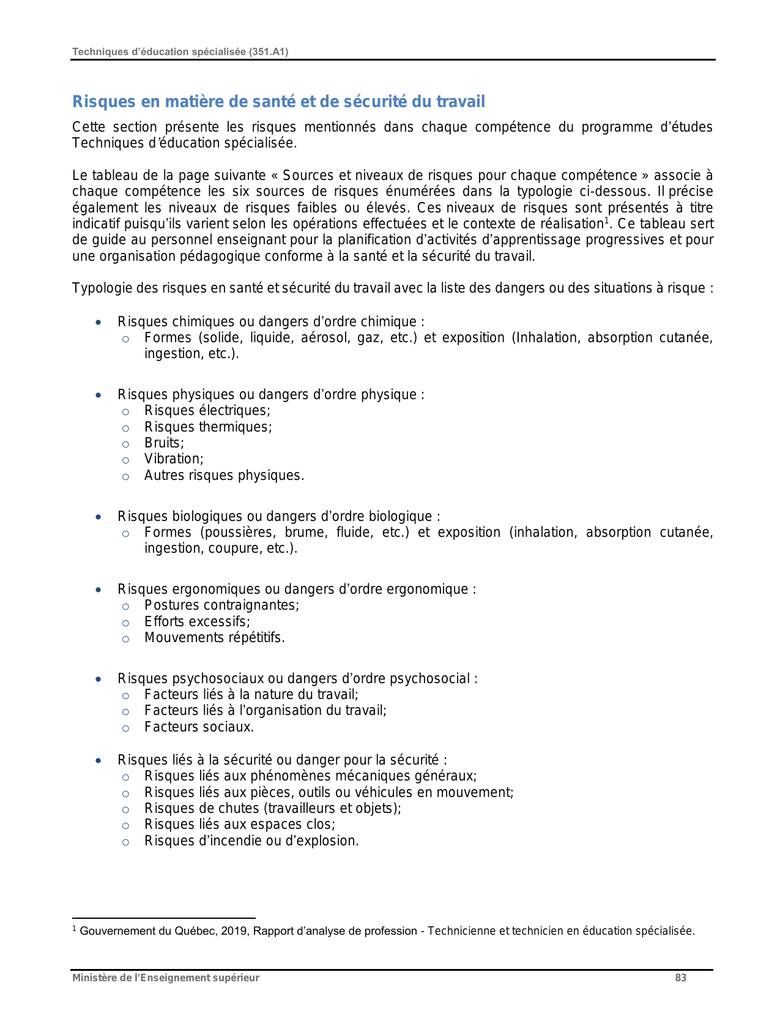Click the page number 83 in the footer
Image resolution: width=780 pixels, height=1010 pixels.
pyautogui.click(x=680, y=978)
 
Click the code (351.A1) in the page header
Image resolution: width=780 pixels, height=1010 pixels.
pyautogui.click(x=268, y=52)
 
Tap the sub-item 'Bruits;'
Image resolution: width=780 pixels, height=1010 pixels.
pyautogui.click(x=164, y=443)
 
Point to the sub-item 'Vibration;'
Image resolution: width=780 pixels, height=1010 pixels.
pyautogui.click(x=174, y=458)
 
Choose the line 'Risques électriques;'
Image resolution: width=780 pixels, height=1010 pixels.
pyautogui.click(x=207, y=410)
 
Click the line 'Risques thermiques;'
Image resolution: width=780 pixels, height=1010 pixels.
pyautogui.click(x=208, y=427)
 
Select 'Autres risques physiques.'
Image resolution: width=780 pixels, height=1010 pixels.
pyautogui.click(x=224, y=475)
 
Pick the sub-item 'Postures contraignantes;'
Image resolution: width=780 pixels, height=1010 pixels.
pyautogui.click(x=221, y=605)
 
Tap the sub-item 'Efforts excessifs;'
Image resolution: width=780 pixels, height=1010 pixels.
pyautogui.click(x=197, y=621)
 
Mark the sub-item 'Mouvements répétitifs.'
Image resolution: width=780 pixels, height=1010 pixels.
pyautogui.click(x=214, y=637)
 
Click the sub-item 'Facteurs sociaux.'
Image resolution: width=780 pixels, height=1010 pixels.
pyautogui.click(x=199, y=727)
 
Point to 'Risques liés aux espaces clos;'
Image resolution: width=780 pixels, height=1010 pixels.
pyautogui.click(x=239, y=824)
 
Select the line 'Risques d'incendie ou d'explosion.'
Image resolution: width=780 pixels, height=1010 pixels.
pyautogui.click(x=251, y=840)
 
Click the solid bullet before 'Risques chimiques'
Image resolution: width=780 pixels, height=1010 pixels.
pyautogui.click(x=98, y=322)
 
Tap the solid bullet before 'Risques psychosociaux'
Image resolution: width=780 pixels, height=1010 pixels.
pyautogui.click(x=98, y=679)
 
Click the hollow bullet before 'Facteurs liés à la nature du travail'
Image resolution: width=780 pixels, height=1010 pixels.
pyautogui.click(x=125, y=695)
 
